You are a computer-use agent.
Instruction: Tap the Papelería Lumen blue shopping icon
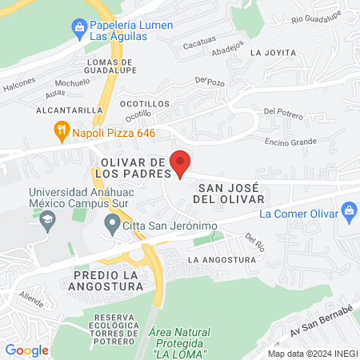(x=78, y=30)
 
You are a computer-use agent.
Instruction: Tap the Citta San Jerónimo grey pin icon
(x=112, y=226)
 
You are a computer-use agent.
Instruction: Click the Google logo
(x=26, y=350)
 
